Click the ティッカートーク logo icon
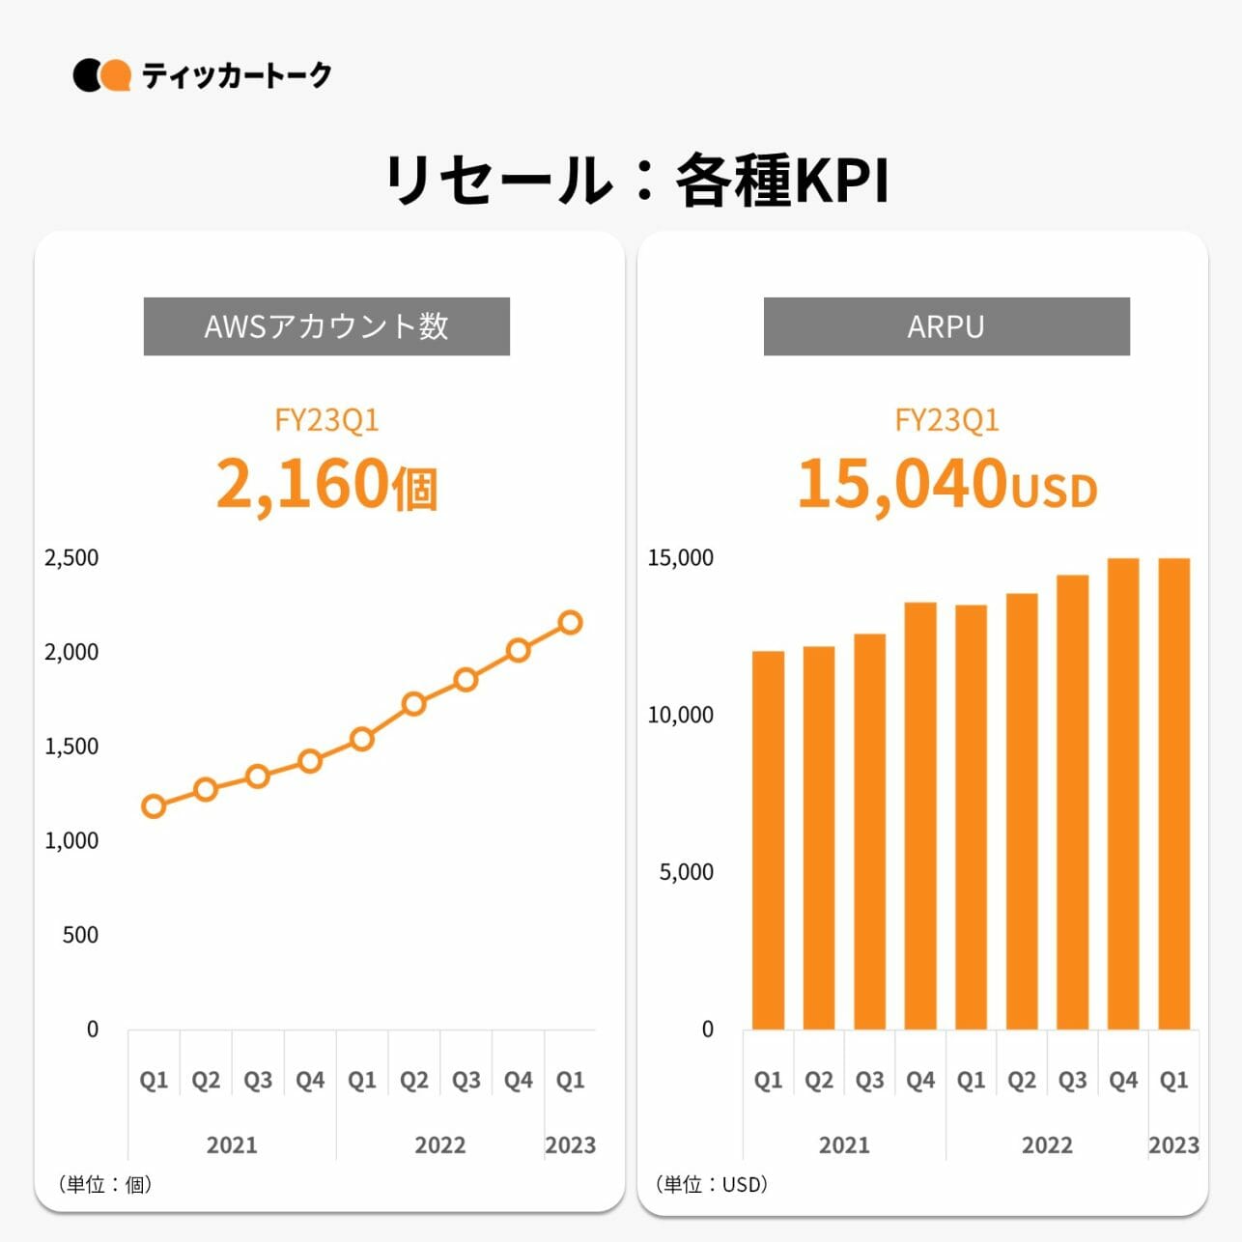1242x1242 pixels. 101,75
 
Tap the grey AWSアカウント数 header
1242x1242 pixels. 326,326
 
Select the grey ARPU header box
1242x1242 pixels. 946,326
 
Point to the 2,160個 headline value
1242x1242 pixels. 326,484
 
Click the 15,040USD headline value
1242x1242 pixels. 946,484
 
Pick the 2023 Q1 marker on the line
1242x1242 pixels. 570,623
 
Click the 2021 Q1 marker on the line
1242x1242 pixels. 154,806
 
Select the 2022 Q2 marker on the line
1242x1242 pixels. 414,704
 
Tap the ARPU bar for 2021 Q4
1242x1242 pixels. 920,816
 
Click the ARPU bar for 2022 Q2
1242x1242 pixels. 1022,811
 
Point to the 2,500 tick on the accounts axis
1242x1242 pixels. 71,558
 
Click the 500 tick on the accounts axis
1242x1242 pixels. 80,935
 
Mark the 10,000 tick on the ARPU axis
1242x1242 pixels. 681,716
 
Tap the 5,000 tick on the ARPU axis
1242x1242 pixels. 687,872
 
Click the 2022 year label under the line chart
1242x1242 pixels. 440,1145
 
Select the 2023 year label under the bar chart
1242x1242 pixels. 1173,1145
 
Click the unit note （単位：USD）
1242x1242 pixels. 712,1184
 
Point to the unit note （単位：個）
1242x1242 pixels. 106,1184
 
